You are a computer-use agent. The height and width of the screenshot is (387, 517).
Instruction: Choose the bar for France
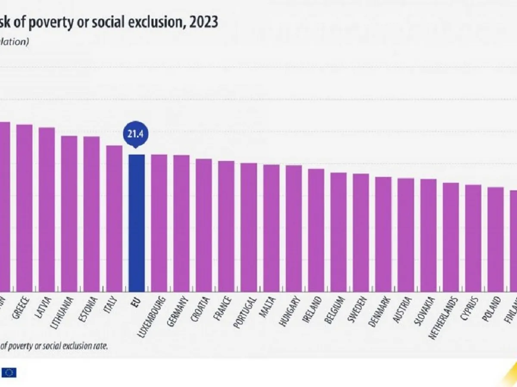pyautogui.click(x=226, y=226)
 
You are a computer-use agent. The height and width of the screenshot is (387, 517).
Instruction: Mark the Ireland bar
pyautogui.click(x=316, y=230)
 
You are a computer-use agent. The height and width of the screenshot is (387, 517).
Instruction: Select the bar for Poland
pyautogui.click(x=495, y=239)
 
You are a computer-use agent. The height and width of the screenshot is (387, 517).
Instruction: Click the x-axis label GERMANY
pyautogui.click(x=178, y=312)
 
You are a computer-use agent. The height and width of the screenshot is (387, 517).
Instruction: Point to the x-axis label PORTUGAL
pyautogui.click(x=246, y=312)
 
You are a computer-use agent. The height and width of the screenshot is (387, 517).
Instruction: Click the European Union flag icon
pyautogui.click(x=9, y=372)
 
